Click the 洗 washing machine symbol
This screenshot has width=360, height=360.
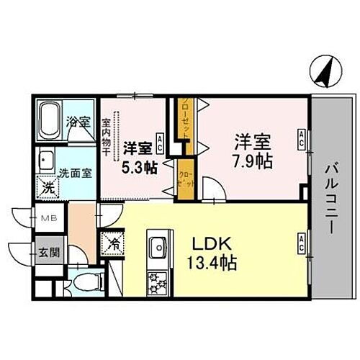46,184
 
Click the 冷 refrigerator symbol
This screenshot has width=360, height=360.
112,243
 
